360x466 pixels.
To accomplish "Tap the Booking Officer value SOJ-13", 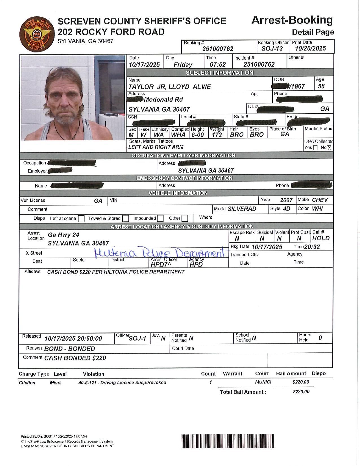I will pos(272,49).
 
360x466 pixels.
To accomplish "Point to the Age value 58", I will pos(321,86).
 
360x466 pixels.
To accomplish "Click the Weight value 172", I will pos(217,135).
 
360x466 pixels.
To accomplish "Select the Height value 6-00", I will pos(197,135).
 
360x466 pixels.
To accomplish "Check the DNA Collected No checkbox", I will pos(329,148).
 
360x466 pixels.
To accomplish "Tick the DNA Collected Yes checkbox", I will pos(315,148).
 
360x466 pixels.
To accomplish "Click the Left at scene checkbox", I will pos(81,218).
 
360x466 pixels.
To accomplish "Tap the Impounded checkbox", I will pos(160,218).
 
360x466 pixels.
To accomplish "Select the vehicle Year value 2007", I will pos(286,200).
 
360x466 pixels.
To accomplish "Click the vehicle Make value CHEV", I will pos(320,200).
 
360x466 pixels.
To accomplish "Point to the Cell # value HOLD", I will pos(321,238).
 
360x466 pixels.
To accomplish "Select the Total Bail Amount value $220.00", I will pos(301,392).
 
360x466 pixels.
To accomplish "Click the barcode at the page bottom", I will pos(228,441).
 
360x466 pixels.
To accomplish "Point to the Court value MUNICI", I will pos(263,382).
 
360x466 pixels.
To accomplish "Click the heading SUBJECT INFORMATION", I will pos(219,73).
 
